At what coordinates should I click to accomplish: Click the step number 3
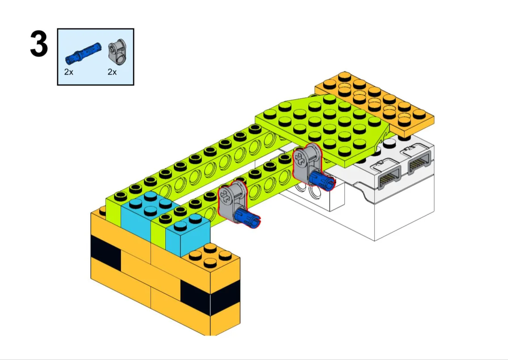39,44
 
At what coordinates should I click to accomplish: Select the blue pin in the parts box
83,52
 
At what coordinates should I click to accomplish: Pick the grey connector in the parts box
117,52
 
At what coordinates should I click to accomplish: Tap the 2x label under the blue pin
69,72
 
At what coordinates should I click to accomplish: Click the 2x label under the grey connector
112,72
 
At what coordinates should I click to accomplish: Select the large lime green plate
324,130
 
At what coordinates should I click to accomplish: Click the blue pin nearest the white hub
321,181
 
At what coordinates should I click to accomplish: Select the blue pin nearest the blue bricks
247,216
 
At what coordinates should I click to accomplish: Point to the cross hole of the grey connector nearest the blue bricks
224,195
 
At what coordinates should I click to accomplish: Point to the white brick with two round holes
311,191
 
